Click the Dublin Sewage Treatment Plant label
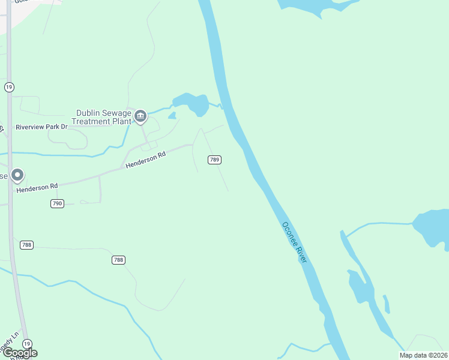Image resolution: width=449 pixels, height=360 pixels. (101, 116)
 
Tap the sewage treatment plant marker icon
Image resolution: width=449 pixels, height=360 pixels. (140, 116)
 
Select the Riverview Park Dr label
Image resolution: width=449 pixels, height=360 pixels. (41, 127)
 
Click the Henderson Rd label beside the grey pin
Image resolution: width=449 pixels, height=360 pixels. (37, 187)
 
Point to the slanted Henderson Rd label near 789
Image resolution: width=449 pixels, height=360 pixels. (145, 161)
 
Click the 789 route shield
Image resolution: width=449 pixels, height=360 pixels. (215, 160)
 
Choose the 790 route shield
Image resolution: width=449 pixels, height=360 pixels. (57, 204)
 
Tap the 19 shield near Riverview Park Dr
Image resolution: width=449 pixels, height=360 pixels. (9, 88)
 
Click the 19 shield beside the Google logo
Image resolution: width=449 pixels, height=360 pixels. (26, 343)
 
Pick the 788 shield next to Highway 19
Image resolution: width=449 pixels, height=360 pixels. (26, 245)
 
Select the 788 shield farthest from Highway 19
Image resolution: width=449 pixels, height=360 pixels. (118, 260)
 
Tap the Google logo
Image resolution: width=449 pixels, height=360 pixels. (19, 353)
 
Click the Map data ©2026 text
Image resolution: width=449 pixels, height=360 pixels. (423, 355)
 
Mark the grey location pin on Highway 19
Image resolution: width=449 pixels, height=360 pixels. (17, 175)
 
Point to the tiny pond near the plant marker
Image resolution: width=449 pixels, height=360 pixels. (172, 115)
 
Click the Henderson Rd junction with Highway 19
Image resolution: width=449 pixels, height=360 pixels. (10, 192)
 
